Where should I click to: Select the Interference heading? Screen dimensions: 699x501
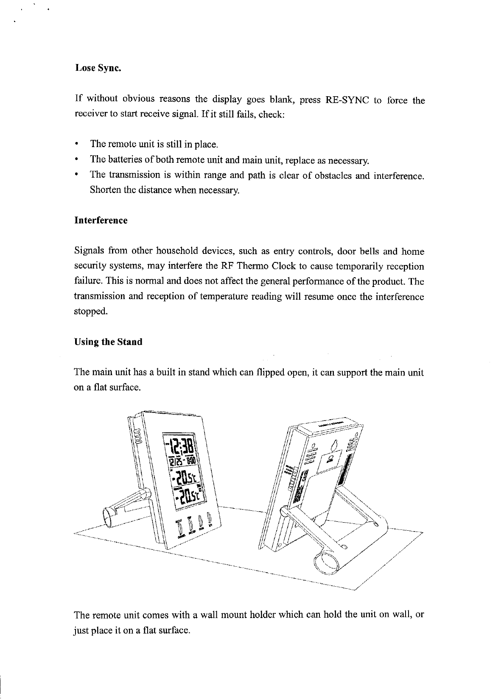[x=101, y=220]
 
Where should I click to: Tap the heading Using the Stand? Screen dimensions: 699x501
[x=108, y=342]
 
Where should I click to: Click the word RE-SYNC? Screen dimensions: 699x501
[x=347, y=100]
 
